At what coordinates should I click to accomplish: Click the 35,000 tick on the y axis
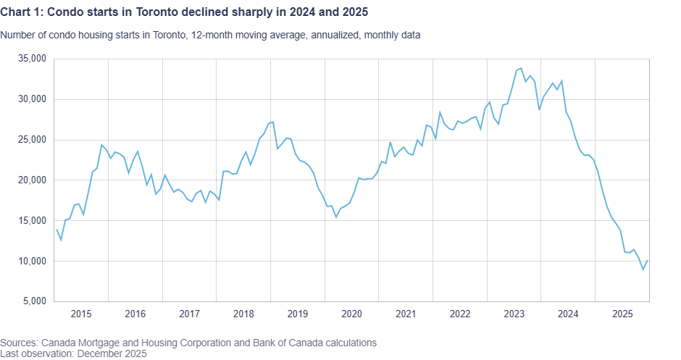coord(32,59)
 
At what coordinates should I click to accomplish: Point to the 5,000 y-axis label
coord(34,301)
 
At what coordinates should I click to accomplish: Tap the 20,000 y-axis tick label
coord(32,180)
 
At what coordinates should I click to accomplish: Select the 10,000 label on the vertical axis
coord(32,261)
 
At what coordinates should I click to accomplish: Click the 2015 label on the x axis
coord(80,314)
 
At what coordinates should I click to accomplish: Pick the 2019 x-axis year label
coord(297,314)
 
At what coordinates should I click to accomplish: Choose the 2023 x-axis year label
coord(514,314)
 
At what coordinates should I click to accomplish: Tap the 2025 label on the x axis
coord(622,314)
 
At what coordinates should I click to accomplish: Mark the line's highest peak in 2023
coord(521,68)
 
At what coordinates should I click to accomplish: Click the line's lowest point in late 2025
coord(643,269)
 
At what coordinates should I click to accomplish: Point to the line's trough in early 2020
coord(335,217)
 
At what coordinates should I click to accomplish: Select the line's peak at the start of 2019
coord(272,122)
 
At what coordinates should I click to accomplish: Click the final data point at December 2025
coord(648,261)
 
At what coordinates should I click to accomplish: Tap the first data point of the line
coord(57,230)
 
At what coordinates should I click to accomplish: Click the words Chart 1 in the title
coord(21,12)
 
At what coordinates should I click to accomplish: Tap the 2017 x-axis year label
coord(189,314)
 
